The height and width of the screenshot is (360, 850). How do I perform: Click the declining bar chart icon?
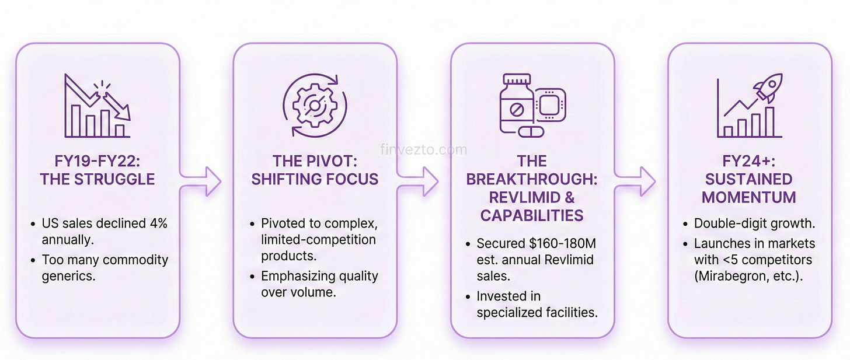pos(97,106)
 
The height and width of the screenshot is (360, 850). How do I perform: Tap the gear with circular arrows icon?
pos(314,106)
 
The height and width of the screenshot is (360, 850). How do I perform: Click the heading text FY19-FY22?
pos(97,160)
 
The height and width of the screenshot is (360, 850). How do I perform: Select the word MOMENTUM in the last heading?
pos(749,197)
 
